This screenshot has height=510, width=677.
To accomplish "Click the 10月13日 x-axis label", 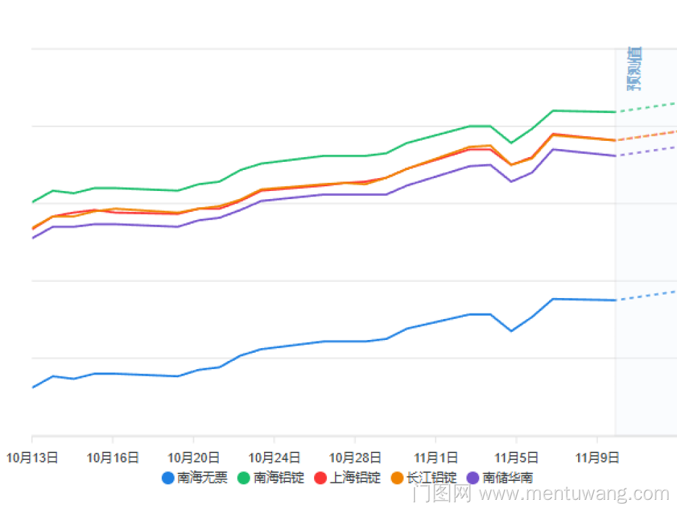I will point(32,457).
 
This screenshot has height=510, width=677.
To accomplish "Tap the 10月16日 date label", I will point(112,457).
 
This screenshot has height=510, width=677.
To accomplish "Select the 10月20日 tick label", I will point(194,457).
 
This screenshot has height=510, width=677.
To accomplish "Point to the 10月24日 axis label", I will point(274,457).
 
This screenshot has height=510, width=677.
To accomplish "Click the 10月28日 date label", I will point(354,457).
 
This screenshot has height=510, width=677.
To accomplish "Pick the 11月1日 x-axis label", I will point(435,457).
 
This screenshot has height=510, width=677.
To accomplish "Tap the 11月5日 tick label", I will point(516,457).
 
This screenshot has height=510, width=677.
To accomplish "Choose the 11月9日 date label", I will point(596,457).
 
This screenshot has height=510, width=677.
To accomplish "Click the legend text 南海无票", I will point(202,478).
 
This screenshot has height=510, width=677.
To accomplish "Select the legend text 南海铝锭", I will point(279,478).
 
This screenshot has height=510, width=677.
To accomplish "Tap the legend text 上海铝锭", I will point(355,478).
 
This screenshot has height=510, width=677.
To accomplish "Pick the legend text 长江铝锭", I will point(431,478).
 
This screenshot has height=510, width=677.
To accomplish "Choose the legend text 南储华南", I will point(508,478).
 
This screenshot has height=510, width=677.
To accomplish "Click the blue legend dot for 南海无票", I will point(168,478).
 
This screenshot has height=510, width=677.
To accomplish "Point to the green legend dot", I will point(244,478).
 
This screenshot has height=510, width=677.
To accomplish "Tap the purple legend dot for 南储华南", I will point(473,478).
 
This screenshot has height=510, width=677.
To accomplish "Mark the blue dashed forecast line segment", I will point(647,295).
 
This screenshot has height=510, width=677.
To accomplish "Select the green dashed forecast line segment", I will point(647,107).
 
